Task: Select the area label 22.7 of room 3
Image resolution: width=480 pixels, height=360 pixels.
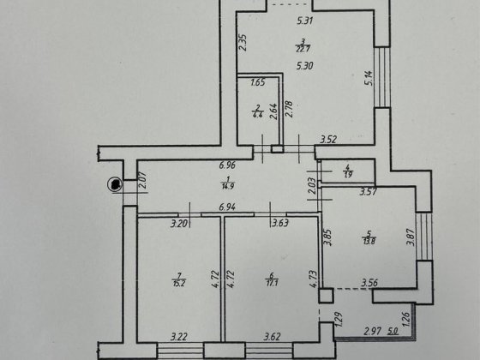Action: point(303,48)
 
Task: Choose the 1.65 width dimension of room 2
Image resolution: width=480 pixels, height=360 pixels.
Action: point(257,83)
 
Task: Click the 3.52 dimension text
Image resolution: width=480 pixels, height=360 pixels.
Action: point(328,140)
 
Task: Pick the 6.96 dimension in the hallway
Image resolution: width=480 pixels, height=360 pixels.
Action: point(227,165)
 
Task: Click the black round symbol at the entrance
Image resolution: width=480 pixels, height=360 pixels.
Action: point(113,183)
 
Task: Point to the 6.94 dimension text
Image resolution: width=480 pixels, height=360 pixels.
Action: point(226,207)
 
